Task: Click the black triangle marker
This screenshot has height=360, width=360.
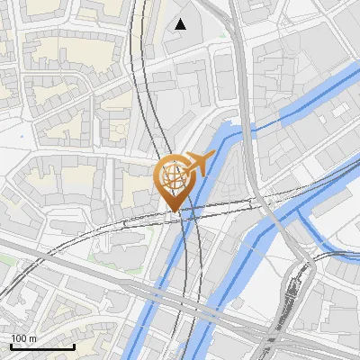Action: point(181,24)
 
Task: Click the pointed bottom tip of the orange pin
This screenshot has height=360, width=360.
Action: point(175,211)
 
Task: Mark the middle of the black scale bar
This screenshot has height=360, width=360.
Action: point(42,346)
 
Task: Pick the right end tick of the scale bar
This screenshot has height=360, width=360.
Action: point(74,346)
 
